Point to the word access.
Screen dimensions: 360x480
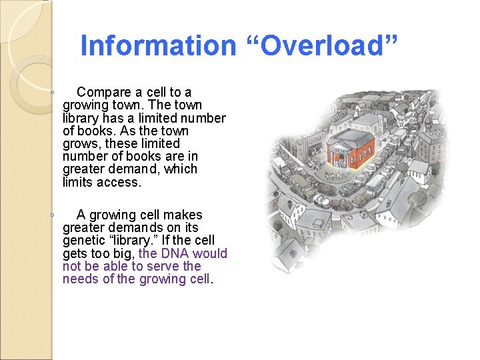click(x=121, y=182)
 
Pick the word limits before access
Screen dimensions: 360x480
click(x=78, y=182)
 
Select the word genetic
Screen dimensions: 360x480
click(x=84, y=241)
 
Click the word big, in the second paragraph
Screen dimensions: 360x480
click(x=123, y=253)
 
